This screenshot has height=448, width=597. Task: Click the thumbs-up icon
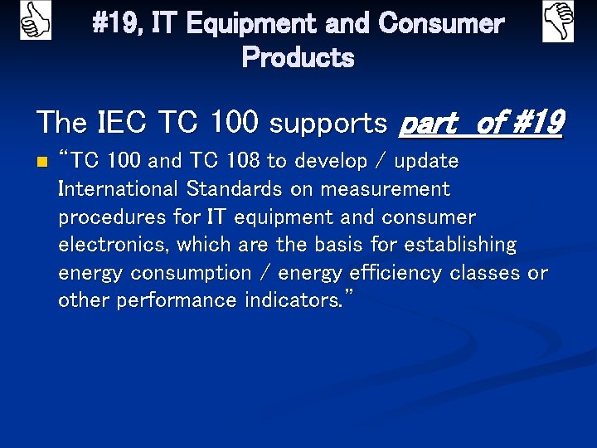[35, 21]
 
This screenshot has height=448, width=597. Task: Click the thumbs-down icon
[558, 22]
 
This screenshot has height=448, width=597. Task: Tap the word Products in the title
[298, 58]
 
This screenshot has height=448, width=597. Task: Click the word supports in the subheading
[329, 123]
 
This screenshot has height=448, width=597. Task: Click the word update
[426, 160]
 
